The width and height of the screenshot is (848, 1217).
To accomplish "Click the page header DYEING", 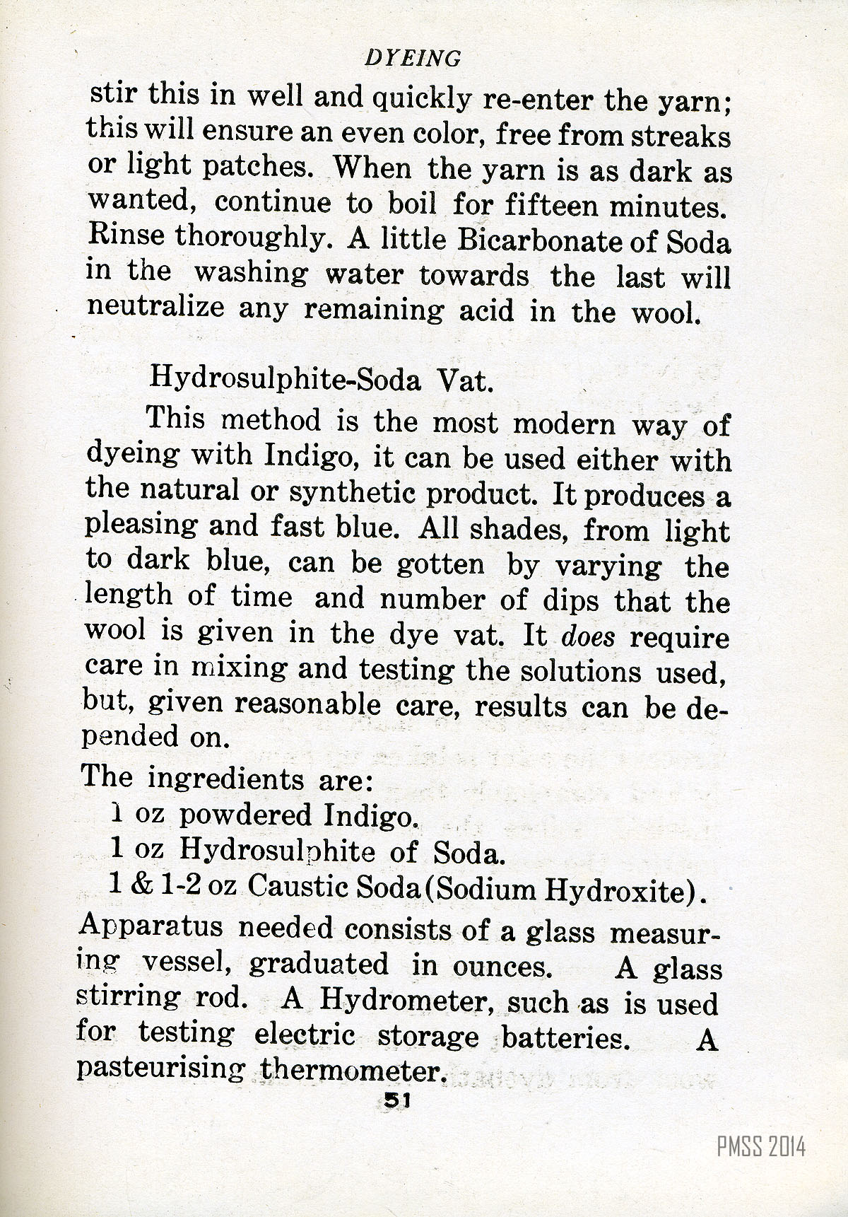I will pyautogui.click(x=413, y=58).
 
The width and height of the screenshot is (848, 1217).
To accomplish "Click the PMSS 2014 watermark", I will pyautogui.click(x=761, y=1146).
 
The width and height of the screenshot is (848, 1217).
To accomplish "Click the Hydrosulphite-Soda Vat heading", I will pyautogui.click(x=321, y=380).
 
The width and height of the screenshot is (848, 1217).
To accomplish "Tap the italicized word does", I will pyautogui.click(x=588, y=637).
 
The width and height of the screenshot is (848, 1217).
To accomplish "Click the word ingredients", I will pyautogui.click(x=225, y=779).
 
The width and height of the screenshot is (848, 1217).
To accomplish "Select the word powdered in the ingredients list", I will pyautogui.click(x=245, y=815).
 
